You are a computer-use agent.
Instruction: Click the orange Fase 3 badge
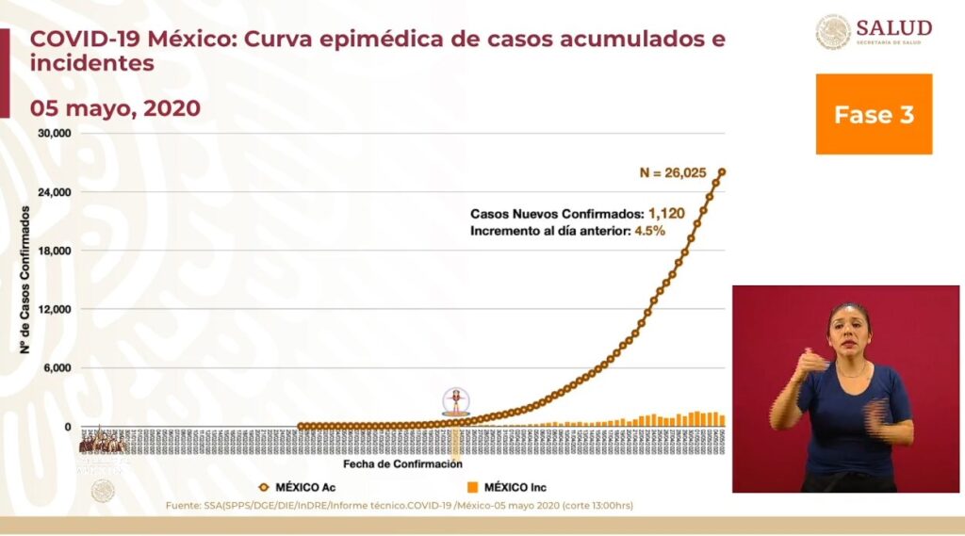(874, 114)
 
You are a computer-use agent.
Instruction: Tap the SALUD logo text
(893, 28)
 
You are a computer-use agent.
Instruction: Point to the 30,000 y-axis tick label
(55, 134)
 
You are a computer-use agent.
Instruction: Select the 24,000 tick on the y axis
(55, 192)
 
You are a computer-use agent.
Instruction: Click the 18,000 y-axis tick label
(55, 251)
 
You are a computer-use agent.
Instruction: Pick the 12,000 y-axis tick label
(55, 309)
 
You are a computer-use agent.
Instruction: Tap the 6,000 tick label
(57, 368)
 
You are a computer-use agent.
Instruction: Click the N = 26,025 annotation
(673, 172)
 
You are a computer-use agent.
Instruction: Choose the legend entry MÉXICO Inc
(507, 487)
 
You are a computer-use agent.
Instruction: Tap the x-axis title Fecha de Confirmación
(402, 464)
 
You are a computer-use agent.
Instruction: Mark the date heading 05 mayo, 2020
(115, 108)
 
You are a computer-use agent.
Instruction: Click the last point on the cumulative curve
(722, 171)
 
